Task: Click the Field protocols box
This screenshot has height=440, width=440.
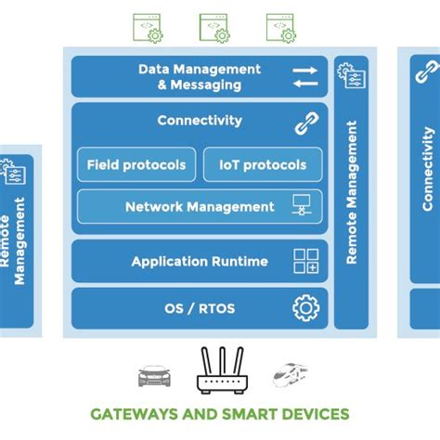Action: point(136,165)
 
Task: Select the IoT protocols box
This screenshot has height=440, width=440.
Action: point(263,165)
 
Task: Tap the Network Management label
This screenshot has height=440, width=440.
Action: point(200,207)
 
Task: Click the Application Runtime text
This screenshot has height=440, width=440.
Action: point(200,262)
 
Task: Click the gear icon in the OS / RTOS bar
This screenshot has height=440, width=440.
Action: point(305,307)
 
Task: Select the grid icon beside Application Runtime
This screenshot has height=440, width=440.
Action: point(305,262)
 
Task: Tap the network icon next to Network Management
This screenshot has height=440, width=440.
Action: point(303,206)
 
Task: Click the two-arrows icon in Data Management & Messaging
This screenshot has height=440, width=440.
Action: point(305,77)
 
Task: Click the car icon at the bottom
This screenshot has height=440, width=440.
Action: point(154,376)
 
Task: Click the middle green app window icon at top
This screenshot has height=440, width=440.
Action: point(214,27)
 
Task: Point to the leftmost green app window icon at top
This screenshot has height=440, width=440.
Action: point(147,27)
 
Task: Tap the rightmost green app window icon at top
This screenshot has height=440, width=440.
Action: point(280,27)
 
